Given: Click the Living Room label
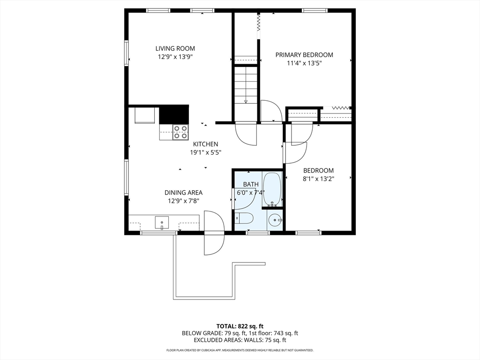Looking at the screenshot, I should pos(175,48).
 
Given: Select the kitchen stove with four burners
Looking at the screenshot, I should pos(180,132).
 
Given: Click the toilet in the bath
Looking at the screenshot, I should pos(244,218).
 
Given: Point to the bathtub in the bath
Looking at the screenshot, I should pos(272,189).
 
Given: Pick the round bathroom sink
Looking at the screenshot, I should pos(275,219).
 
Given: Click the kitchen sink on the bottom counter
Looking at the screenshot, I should pos(162,222).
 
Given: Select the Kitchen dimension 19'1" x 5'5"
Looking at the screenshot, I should pos(205,152).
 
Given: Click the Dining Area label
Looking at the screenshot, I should pos(183,192).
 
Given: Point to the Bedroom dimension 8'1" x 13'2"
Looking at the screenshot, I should pos(318,178).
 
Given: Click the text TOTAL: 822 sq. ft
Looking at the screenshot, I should pos(240,326).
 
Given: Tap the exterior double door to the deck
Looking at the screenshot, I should pos(214,233).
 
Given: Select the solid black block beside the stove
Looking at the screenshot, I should pos(174,114).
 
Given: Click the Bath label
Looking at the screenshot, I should pos(250,184).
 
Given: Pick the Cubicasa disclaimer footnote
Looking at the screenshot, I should pos(240,350).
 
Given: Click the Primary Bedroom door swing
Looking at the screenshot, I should pos(270,112).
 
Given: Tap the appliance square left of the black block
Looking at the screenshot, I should pos(145,115).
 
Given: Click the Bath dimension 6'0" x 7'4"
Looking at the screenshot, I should pos(250,192).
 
